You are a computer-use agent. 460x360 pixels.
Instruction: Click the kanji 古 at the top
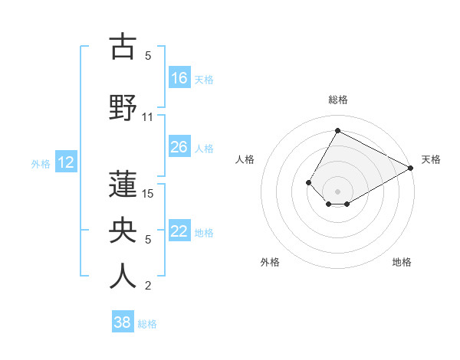(123, 47)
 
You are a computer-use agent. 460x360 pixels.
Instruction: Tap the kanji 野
(123, 106)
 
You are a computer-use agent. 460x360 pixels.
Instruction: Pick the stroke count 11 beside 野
(148, 117)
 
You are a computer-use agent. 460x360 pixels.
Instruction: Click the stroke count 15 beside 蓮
(148, 193)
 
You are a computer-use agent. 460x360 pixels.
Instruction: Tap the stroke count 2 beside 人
(148, 286)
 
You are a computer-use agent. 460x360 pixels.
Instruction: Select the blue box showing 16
(179, 78)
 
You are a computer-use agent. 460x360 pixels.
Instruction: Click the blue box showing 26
(179, 147)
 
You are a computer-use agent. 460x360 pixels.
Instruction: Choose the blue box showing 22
(179, 232)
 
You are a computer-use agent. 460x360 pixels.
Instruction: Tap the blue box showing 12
(66, 162)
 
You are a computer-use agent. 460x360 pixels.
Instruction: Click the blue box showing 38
(123, 322)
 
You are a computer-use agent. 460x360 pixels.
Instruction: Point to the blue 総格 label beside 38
(147, 324)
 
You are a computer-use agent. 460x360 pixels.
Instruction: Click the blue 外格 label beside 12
(41, 163)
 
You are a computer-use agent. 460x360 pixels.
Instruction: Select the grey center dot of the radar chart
(337, 190)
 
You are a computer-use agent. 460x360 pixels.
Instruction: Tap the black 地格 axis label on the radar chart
(402, 262)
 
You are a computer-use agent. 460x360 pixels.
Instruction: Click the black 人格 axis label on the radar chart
(245, 159)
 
